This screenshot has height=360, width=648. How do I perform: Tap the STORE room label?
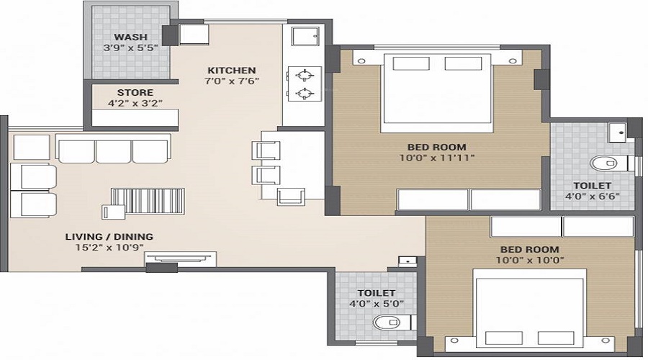pos(135,92)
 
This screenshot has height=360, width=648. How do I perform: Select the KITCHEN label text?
pos(232,70)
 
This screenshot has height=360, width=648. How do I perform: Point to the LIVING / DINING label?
pos(109,236)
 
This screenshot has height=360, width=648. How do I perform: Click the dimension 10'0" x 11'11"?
pos(437,158)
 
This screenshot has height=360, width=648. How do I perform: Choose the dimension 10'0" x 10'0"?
pos(530,260)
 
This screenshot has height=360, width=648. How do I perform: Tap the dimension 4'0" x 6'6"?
pos(593,195)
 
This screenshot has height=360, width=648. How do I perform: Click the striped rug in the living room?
pos(148,201)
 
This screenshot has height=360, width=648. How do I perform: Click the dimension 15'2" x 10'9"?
pos(109,247)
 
